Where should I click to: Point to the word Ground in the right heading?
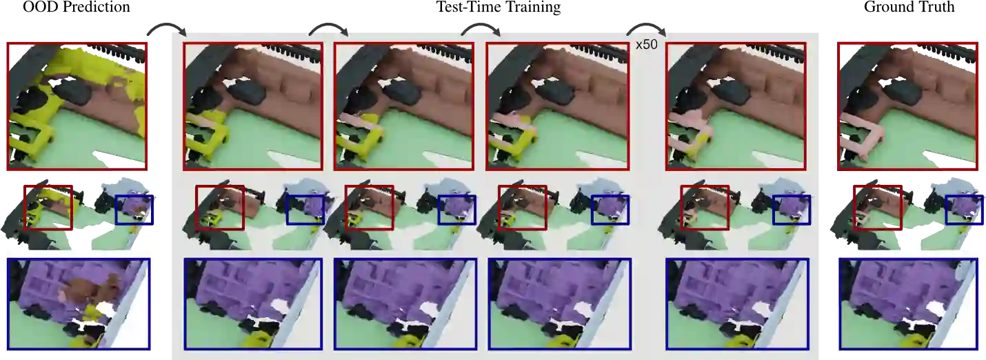click(x=885, y=7)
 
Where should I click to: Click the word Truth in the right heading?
click(x=933, y=7)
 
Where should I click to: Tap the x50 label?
click(x=646, y=44)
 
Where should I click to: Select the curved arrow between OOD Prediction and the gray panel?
click(x=166, y=26)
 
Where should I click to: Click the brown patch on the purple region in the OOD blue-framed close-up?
click(x=90, y=290)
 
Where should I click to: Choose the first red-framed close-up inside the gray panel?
click(x=253, y=106)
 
